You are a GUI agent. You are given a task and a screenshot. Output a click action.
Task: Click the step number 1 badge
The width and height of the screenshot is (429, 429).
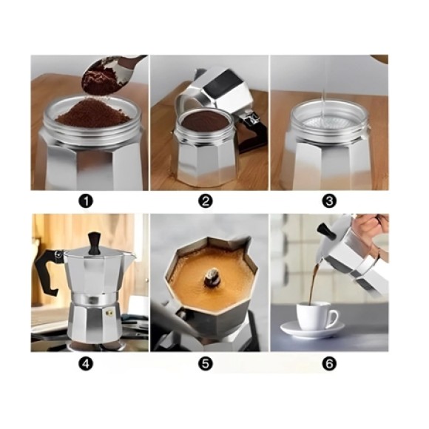[86, 201]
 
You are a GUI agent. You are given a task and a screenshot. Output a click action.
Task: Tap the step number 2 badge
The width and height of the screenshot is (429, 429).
[205, 201]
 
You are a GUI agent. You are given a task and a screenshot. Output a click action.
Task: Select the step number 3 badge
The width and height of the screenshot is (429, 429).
[329, 201]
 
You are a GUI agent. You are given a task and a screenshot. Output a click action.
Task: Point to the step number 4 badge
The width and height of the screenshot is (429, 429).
[86, 364]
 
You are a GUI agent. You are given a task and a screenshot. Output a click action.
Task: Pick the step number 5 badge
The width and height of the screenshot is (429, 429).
[205, 364]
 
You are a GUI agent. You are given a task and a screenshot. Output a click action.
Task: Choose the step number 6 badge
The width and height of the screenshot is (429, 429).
[329, 364]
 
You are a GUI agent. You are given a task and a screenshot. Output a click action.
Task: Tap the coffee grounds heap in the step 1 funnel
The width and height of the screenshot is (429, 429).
[93, 114]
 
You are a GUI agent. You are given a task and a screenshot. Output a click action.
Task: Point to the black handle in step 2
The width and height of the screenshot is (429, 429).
[253, 134]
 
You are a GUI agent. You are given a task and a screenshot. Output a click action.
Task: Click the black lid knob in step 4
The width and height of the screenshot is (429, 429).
[94, 243]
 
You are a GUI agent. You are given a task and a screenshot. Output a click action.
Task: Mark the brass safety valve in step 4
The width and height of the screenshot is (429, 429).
[109, 312]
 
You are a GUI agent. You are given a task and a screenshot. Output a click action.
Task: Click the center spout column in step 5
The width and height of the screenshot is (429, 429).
[212, 276]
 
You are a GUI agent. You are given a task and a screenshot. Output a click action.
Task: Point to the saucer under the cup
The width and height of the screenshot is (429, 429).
[312, 330]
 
